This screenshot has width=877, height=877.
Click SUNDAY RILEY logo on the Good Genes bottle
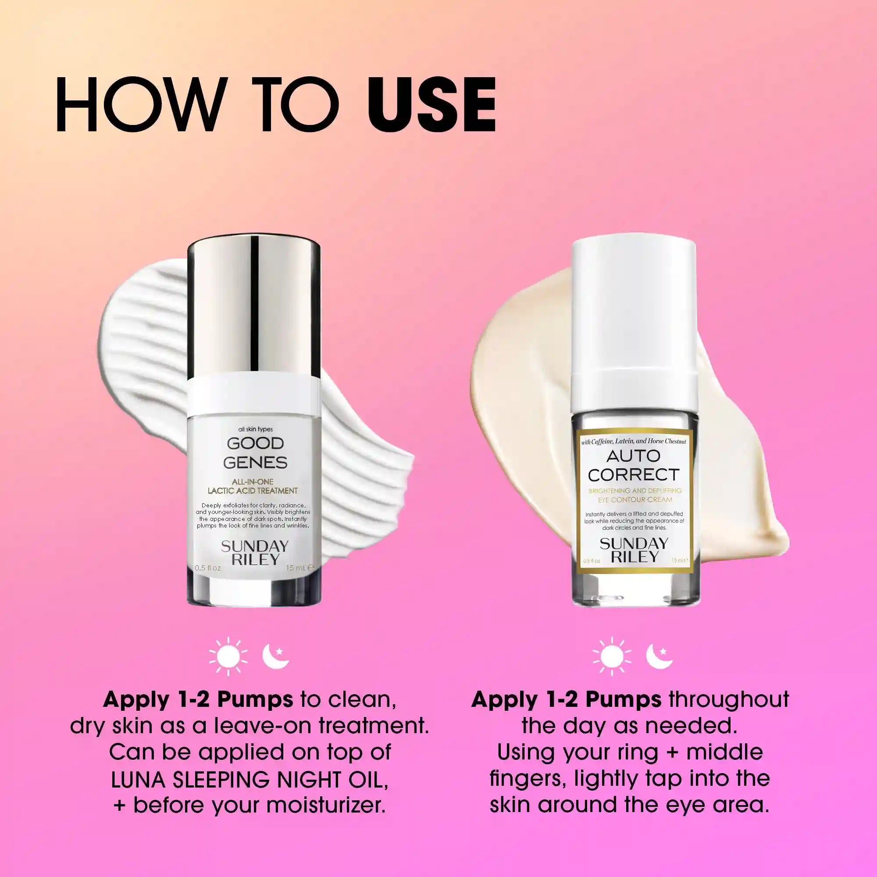click(255, 553)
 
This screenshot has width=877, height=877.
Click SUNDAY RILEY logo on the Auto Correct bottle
click(634, 550)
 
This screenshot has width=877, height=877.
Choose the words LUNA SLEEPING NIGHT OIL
click(250, 779)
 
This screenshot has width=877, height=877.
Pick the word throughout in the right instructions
click(728, 699)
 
